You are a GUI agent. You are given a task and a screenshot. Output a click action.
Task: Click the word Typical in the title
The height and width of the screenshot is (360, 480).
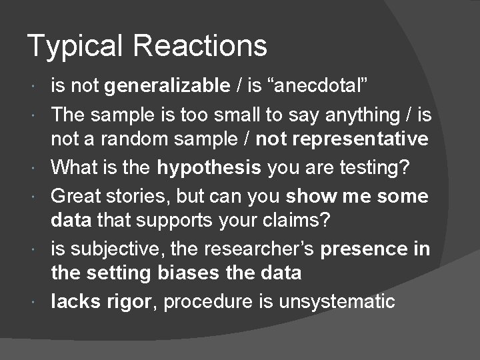point(75,47)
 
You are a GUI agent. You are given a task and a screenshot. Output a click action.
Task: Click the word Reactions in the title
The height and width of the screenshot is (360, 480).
point(200,45)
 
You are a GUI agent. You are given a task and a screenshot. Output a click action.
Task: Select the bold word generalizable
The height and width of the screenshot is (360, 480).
point(167,85)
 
